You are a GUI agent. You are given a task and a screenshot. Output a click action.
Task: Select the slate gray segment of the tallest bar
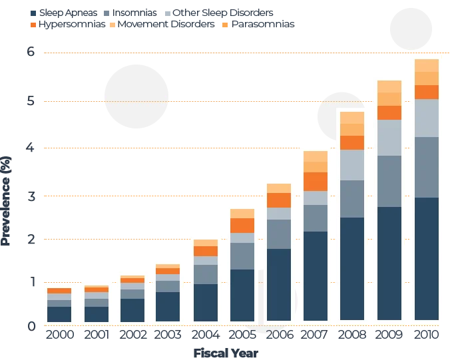427,167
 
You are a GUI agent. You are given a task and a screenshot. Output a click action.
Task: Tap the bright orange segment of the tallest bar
427,92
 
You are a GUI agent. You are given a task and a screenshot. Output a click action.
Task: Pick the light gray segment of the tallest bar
427,118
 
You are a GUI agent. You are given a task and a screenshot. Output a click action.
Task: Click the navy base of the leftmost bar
59,314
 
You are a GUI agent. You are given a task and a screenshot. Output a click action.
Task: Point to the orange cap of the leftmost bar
59,291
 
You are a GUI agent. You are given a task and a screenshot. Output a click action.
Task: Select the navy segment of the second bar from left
97,314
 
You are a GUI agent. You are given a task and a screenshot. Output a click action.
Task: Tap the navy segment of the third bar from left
132,310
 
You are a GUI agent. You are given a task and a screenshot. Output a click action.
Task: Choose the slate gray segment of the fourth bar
168,286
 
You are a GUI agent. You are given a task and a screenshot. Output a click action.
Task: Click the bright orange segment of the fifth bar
206,251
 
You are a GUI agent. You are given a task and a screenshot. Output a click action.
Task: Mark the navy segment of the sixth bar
242,295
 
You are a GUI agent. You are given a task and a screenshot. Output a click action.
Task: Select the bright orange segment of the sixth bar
242,226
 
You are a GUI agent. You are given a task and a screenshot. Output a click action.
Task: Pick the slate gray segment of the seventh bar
279,234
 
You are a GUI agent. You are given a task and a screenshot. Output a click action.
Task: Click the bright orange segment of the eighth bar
316,182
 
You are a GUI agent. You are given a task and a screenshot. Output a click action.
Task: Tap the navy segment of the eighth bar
316,275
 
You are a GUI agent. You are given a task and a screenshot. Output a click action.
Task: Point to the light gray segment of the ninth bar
352,165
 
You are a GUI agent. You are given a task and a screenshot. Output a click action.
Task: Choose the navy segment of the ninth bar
352,268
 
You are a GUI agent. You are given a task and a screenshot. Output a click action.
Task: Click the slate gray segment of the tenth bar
389,181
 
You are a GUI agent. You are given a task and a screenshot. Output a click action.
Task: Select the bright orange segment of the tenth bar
389,112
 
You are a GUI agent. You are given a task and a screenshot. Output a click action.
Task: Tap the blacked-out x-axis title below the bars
226,353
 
